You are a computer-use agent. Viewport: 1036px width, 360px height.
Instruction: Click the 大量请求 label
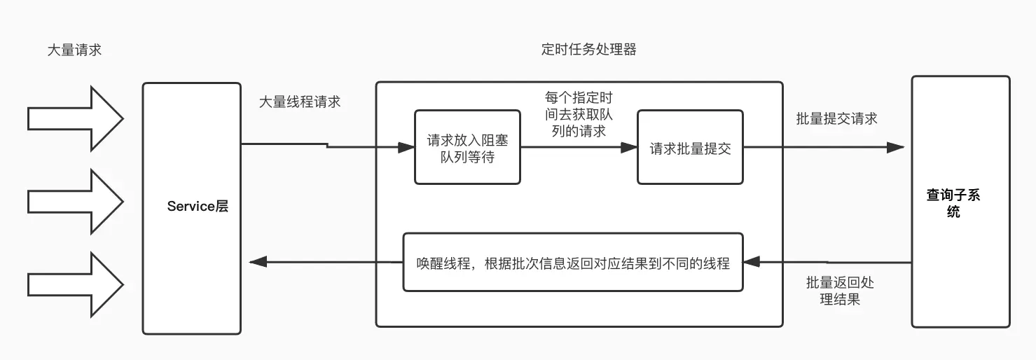click(x=74, y=50)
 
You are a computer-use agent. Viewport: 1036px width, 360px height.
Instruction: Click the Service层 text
click(x=198, y=207)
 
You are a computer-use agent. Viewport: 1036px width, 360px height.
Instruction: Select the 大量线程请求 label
click(x=300, y=102)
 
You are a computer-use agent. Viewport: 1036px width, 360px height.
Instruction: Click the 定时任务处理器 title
click(x=589, y=50)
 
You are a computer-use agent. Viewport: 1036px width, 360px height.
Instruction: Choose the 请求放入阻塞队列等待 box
click(x=467, y=148)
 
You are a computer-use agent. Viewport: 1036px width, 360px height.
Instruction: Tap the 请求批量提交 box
click(x=690, y=148)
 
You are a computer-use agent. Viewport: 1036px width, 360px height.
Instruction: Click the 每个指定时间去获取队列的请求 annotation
click(x=578, y=114)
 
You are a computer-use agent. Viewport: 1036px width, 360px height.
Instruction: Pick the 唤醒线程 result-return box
click(x=572, y=263)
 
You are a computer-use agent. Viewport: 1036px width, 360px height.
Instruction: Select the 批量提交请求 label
click(x=836, y=118)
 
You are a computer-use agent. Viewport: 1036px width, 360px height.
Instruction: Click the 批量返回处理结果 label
click(x=840, y=291)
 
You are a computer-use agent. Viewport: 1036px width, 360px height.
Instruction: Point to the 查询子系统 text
click(x=953, y=203)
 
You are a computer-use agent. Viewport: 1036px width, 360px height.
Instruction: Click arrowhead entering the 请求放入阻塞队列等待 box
click(x=406, y=148)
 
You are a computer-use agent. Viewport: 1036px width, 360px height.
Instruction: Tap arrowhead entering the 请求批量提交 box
click(x=629, y=148)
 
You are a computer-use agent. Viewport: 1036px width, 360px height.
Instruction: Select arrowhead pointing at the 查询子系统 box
click(x=895, y=148)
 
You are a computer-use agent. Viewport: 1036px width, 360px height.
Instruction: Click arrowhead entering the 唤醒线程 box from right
click(x=751, y=263)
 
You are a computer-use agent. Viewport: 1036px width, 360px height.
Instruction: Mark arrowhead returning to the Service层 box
click(x=258, y=263)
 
